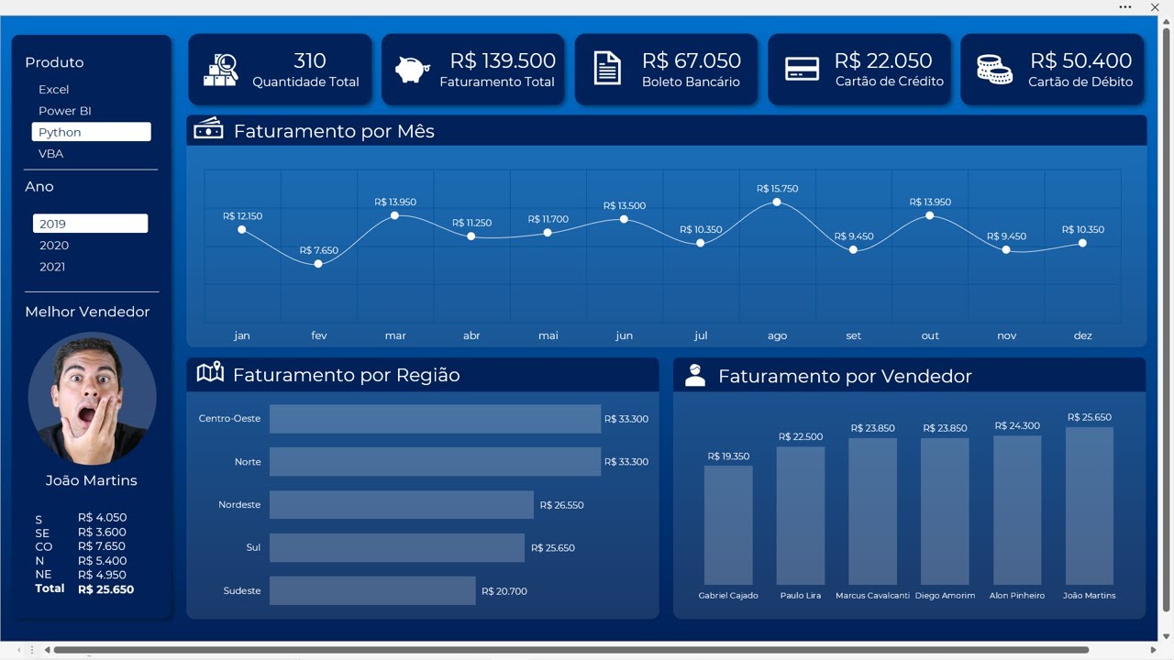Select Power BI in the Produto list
tap(64, 111)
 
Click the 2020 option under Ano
tap(54, 246)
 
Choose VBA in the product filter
tap(51, 154)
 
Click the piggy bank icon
tap(413, 70)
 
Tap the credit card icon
tap(802, 70)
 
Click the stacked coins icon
tap(994, 70)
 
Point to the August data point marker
tap(777, 202)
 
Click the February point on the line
tap(318, 264)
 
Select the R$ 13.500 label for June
tap(624, 206)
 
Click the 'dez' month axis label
tap(1082, 335)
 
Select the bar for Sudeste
tap(372, 591)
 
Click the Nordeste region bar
tap(401, 505)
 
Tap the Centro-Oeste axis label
tap(229, 419)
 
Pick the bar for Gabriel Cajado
tap(728, 525)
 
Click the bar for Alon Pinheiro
tap(1017, 510)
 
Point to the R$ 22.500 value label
tap(801, 437)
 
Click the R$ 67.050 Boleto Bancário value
tap(691, 61)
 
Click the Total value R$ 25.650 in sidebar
tap(105, 589)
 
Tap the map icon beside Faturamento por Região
tap(210, 372)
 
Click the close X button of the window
tap(1155, 7)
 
